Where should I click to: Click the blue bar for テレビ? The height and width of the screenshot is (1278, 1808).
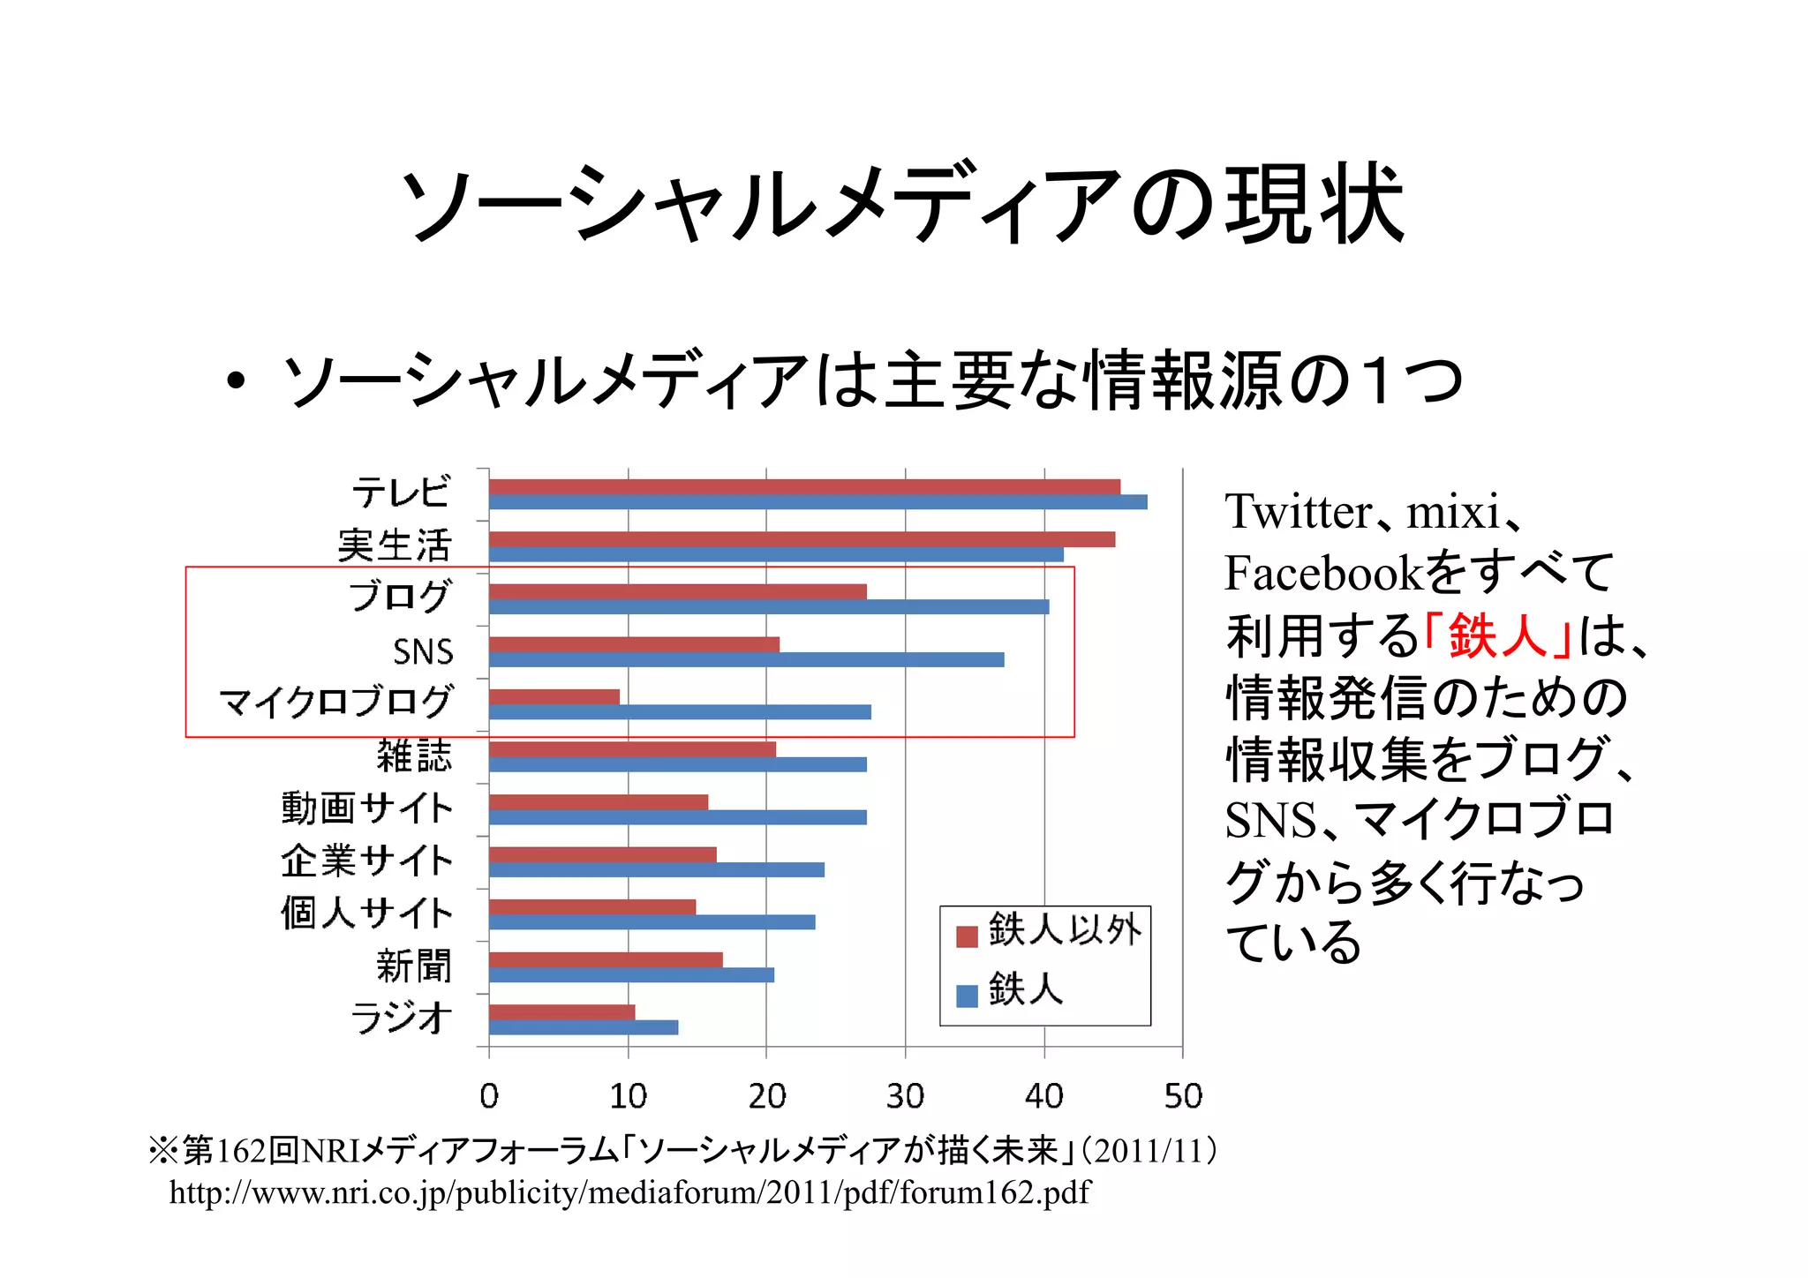817,502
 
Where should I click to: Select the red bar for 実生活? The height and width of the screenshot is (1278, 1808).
802,539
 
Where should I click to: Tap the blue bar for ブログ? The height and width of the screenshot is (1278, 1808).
768,607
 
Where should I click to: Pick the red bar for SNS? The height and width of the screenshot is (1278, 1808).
634,644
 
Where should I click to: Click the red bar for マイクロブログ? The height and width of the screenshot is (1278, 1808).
554,696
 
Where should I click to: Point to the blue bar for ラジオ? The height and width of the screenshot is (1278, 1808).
584,1027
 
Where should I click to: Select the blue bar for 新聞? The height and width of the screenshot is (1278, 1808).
631,975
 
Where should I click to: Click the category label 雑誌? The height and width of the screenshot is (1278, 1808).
414,756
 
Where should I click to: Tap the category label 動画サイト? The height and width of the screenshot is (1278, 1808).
367,808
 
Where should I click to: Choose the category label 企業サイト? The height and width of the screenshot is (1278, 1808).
367,861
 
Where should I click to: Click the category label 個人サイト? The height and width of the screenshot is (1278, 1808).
367,913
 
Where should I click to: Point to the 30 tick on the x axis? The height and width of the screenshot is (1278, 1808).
905,1096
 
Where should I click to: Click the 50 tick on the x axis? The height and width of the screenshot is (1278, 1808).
1183,1096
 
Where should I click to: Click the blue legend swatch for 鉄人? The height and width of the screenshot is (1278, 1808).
968,996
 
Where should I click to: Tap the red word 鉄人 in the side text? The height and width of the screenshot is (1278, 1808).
1498,635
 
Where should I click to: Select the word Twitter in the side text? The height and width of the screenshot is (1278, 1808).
1298,512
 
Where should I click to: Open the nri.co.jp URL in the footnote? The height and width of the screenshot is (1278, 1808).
629,1193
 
